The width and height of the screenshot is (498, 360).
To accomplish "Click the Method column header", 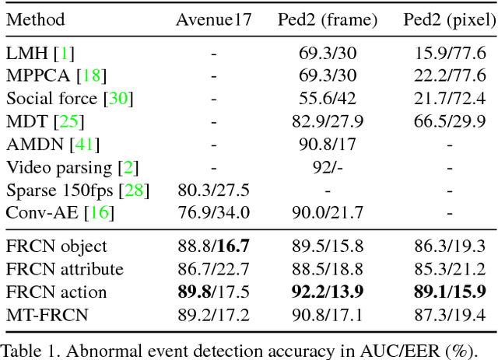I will (x=36, y=19).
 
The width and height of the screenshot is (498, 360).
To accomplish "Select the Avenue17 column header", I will (x=213, y=19).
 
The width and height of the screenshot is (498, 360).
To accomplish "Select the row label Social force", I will (x=54, y=99).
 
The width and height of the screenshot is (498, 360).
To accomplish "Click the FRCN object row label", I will (x=57, y=246).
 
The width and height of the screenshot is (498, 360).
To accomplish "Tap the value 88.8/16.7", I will (x=213, y=246).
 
